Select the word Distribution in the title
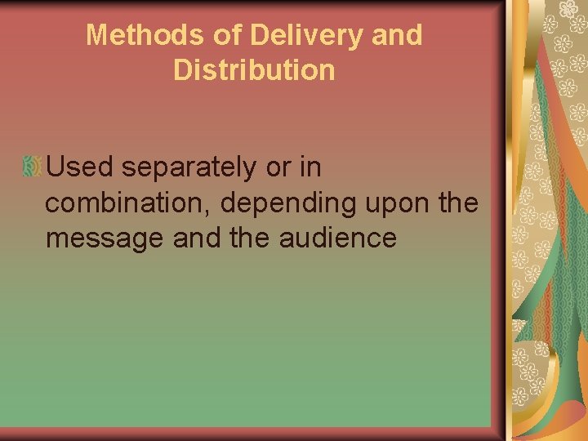pyautogui.click(x=254, y=70)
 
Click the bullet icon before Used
pyautogui.click(x=32, y=167)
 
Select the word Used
pyautogui.click(x=82, y=167)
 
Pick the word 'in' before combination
pyautogui.click(x=310, y=167)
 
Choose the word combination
pyautogui.click(x=129, y=203)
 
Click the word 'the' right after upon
pyautogui.click(x=458, y=203)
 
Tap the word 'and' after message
pyautogui.click(x=185, y=238)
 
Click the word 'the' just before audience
pyautogui.click(x=239, y=238)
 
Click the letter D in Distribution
pyautogui.click(x=183, y=70)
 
